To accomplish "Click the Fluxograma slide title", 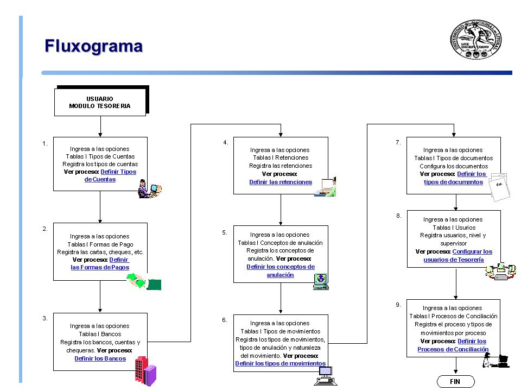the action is tap(94, 46).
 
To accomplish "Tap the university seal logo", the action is tap(476, 39).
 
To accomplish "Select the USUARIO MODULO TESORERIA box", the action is tap(100, 102).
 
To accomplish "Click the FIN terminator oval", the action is tap(455, 381).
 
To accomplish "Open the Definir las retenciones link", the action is tap(281, 182).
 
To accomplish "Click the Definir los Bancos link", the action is tap(100, 358).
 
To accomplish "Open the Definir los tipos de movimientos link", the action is tap(281, 363).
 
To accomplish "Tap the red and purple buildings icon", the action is tap(145, 371).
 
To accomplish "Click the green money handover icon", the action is tap(144, 282).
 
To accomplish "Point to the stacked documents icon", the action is tap(500, 187).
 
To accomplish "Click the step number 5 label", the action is tap(225, 232).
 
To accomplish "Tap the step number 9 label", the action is tap(398, 305).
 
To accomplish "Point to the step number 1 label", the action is tap(45, 143).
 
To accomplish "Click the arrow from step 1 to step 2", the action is tap(100, 207).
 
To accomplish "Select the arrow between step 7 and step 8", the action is tap(456, 202).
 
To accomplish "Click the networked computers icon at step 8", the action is tap(500, 272).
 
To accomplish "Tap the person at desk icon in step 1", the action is tap(150, 189).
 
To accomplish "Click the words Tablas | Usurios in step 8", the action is tap(454, 228).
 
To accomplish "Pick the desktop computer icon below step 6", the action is tap(325, 376).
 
